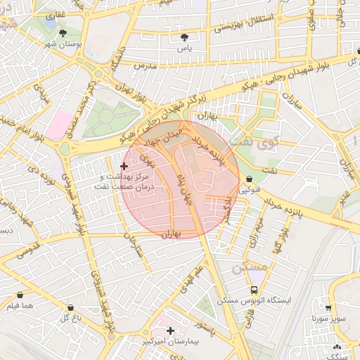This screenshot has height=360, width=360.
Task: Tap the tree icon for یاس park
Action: (x=185, y=37)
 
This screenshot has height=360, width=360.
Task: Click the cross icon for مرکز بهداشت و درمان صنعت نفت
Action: (x=124, y=166)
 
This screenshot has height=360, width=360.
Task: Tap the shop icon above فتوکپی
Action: (x=250, y=179)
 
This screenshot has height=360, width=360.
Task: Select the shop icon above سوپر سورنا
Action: (x=328, y=307)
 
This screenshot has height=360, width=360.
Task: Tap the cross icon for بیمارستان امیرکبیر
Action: (x=170, y=330)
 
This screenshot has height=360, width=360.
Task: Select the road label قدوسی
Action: (x=29, y=247)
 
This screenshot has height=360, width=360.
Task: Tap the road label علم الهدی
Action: (x=194, y=277)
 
